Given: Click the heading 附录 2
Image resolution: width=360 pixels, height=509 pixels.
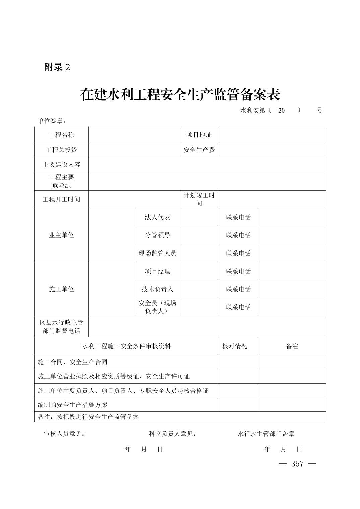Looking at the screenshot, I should [x=57, y=67].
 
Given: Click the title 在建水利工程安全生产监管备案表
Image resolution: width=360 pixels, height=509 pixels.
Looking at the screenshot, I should [x=180, y=95].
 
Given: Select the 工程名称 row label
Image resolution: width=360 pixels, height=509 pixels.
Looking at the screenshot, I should [x=61, y=135].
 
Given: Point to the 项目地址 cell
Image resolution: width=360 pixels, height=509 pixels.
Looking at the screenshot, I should [x=199, y=135].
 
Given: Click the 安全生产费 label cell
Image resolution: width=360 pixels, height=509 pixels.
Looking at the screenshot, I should [x=199, y=150].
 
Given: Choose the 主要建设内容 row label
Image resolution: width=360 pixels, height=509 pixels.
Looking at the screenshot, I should [x=61, y=165].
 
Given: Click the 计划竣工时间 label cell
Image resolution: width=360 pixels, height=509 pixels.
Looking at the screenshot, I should [x=199, y=199].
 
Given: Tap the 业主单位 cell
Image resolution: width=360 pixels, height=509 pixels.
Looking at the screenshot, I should [x=61, y=235].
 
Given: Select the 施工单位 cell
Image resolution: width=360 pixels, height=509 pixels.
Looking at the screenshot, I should [x=61, y=289].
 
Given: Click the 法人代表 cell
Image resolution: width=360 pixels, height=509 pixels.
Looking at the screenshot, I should [x=157, y=217].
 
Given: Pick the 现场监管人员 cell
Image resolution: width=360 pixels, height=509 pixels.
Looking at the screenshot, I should [x=157, y=253].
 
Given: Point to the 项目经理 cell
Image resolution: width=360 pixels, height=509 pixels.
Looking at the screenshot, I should [x=157, y=271].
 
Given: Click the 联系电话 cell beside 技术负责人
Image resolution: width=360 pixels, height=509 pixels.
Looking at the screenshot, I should [x=238, y=289].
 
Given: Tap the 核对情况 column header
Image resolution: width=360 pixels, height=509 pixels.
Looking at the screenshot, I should [x=235, y=346].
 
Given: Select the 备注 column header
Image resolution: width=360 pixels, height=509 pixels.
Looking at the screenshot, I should [x=292, y=346].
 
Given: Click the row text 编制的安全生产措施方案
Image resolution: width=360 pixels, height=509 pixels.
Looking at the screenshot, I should [x=72, y=405].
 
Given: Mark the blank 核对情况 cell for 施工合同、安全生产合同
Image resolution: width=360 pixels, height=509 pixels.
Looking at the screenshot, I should [x=238, y=362].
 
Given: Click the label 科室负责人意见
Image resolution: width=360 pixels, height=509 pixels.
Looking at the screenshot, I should [x=172, y=434].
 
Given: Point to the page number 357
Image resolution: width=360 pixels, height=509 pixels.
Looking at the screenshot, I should [x=297, y=464].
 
